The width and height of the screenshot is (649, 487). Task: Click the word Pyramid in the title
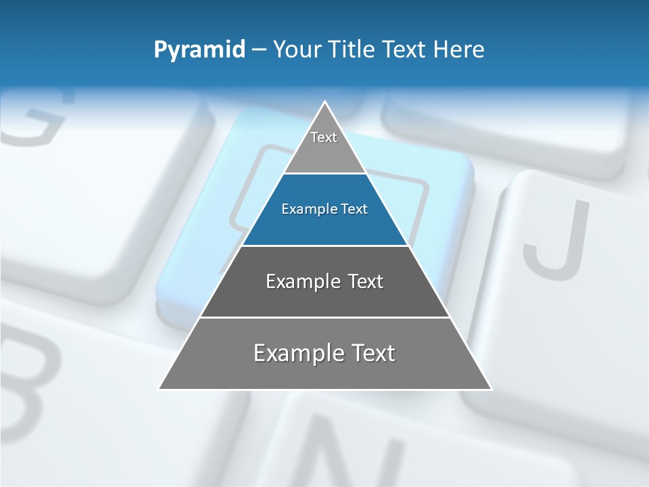[x=199, y=50]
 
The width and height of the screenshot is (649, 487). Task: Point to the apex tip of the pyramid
[x=324, y=103]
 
